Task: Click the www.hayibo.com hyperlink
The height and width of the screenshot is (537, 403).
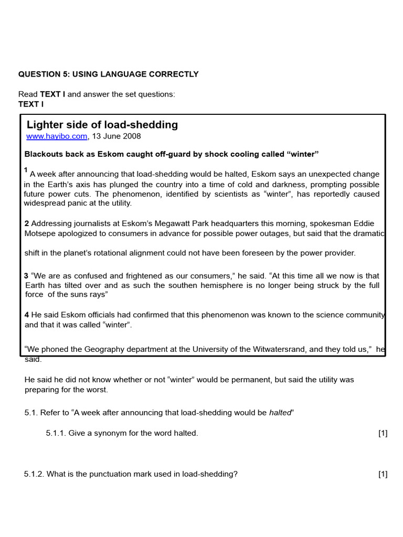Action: tap(57, 136)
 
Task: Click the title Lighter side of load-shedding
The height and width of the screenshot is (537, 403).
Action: tap(102, 125)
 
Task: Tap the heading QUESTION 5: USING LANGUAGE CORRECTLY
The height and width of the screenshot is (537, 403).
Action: tap(109, 74)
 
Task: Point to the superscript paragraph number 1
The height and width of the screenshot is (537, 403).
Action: tap(26, 170)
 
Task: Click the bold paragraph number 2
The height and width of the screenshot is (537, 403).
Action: tap(27, 224)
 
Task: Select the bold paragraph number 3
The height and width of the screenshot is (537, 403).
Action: tap(26, 276)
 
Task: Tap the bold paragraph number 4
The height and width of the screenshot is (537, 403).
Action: tap(27, 315)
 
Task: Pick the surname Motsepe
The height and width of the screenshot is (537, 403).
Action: tap(40, 234)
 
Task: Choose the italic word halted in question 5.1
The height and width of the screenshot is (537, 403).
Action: tap(280, 413)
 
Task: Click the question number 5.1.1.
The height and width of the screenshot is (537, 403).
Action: tap(56, 433)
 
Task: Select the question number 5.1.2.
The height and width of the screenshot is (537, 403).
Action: tap(34, 475)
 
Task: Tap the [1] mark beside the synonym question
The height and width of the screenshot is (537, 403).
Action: tap(383, 433)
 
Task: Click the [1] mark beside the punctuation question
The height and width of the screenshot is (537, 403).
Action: tap(383, 475)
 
